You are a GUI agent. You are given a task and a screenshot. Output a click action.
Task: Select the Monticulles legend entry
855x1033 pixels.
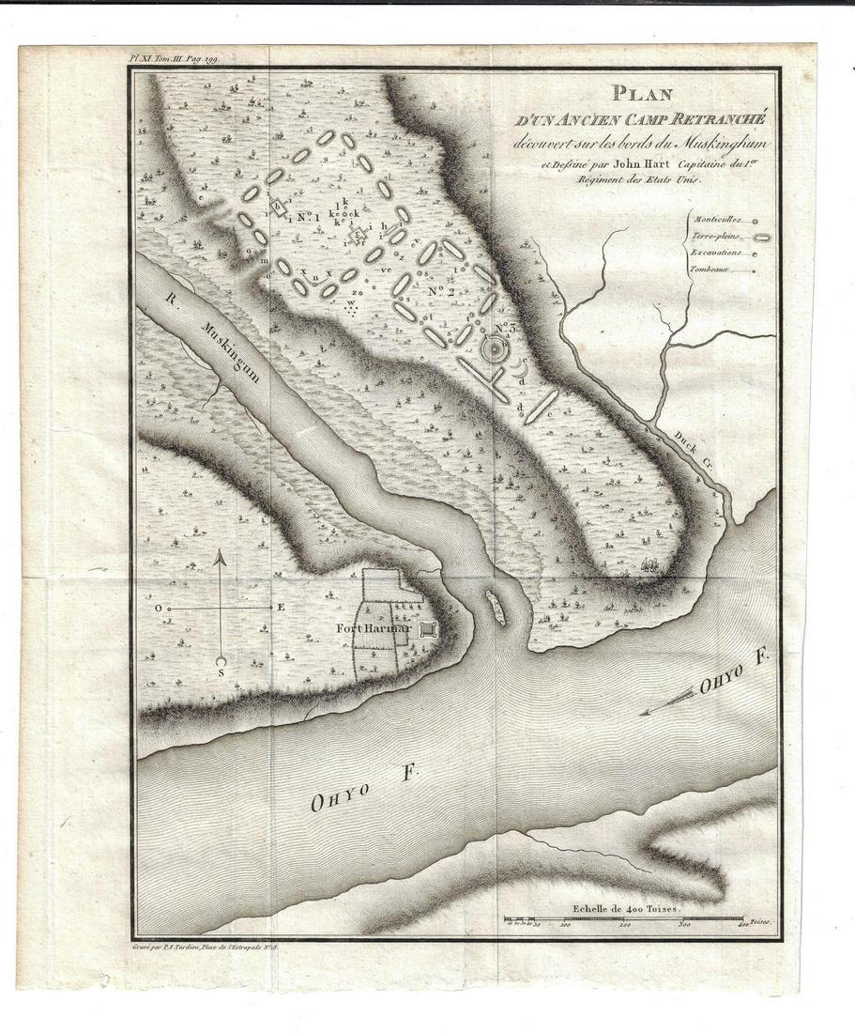coord(716,218)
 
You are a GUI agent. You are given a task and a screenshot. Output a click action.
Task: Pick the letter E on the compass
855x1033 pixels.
coord(280,608)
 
